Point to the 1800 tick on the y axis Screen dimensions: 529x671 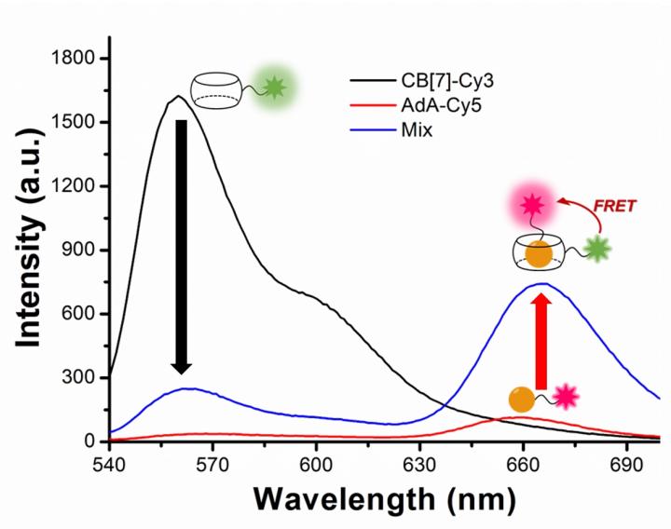point(74,59)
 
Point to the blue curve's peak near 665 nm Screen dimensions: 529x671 point(541,283)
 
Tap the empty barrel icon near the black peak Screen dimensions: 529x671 point(216,90)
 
